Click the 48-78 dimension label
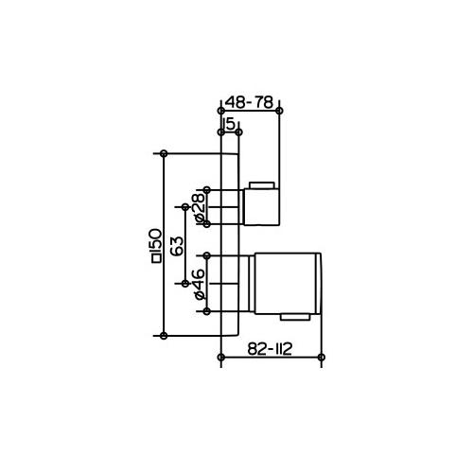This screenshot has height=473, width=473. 250,100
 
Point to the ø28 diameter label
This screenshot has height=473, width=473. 198,206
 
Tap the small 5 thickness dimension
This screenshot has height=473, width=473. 230,123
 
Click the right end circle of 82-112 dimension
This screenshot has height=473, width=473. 323,358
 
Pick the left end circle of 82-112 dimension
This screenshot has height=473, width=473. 220,358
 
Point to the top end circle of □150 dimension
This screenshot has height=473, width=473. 165,152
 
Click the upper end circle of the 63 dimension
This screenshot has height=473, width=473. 184,205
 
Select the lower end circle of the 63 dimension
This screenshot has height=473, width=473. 184,282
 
